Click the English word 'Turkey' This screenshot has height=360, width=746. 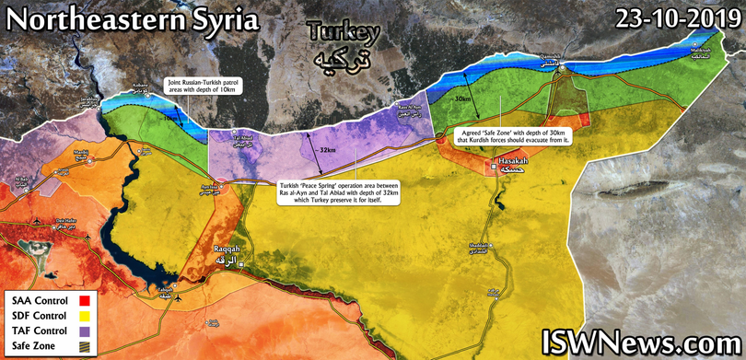[x=344, y=33]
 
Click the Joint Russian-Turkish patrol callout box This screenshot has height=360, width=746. [x=205, y=87]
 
